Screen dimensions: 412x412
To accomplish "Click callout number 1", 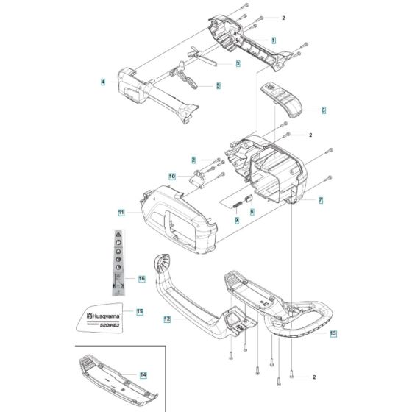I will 274,40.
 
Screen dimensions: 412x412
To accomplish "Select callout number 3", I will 238,65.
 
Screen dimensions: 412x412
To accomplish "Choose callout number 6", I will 322,110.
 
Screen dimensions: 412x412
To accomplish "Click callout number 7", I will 320,200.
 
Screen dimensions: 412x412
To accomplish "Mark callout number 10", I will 172,176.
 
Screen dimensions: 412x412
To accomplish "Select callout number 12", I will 167,319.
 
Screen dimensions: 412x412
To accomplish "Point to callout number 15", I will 139,312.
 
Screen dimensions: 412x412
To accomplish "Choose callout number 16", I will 142,279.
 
